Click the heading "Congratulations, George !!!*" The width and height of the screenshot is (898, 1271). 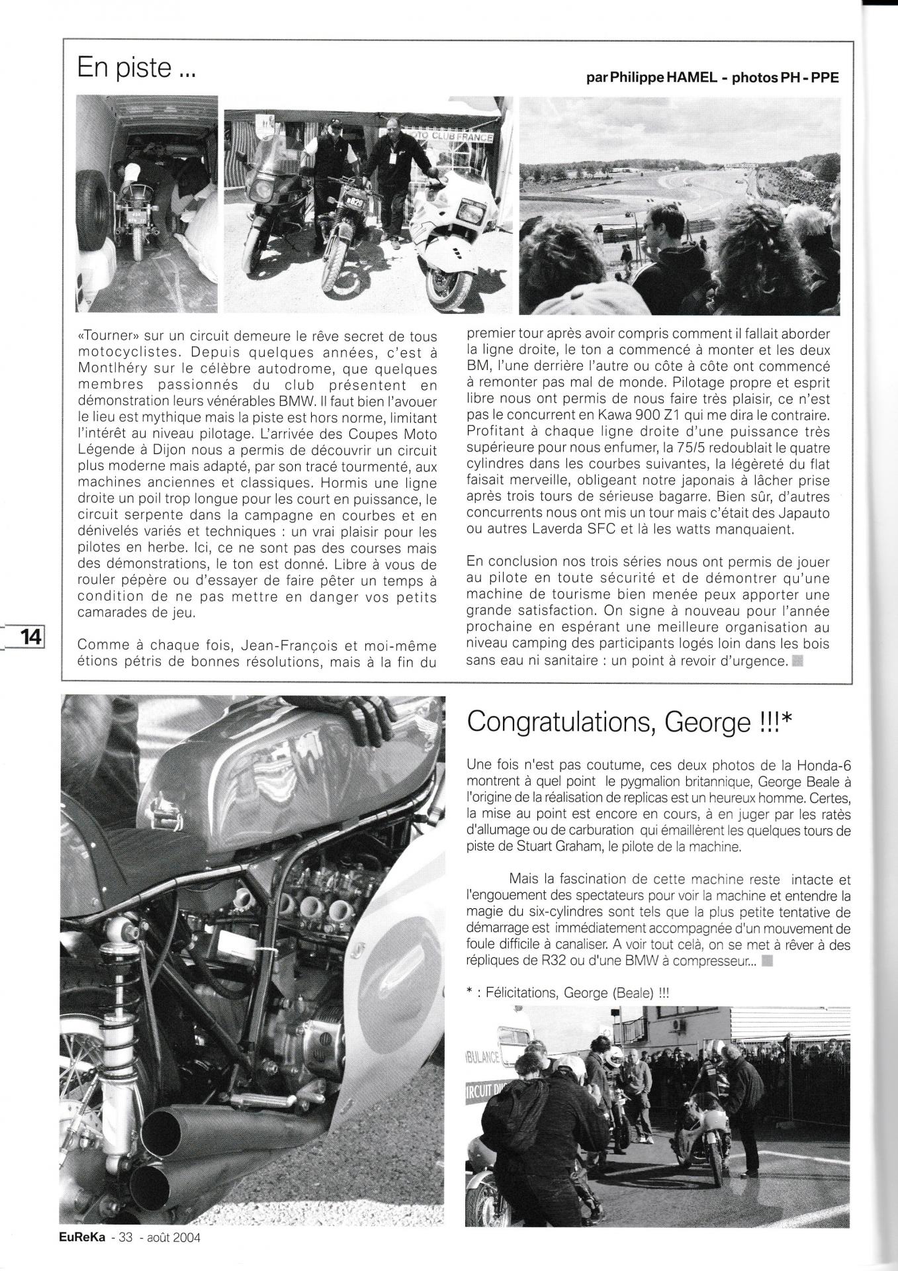pos(623,722)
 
